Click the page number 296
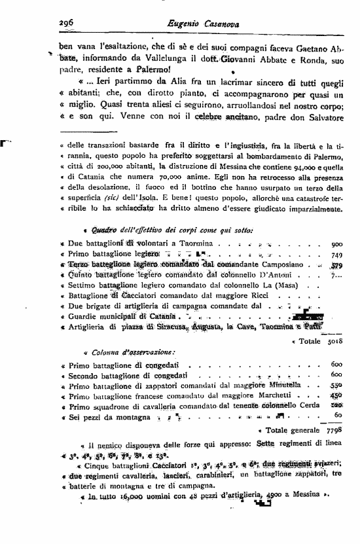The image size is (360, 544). [65, 21]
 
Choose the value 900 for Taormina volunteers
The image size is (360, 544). [337, 242]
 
